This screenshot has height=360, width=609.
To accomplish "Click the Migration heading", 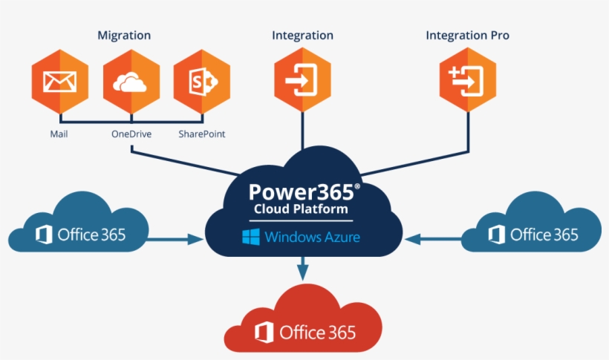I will (x=124, y=36).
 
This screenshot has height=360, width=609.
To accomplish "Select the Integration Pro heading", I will (x=467, y=36).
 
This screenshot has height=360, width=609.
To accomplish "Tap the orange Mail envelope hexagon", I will (x=59, y=82).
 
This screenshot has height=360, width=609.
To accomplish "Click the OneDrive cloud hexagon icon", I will (x=131, y=82).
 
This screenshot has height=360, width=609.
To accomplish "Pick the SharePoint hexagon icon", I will (x=201, y=82).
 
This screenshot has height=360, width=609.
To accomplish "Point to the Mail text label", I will (x=59, y=134).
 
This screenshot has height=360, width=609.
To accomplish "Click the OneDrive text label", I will (x=131, y=134).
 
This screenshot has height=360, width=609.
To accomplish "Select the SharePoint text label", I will (x=202, y=134).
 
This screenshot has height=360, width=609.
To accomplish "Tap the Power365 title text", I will (x=304, y=192).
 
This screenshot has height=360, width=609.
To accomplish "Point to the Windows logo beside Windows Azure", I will (x=250, y=238).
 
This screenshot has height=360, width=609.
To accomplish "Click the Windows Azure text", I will (x=313, y=238).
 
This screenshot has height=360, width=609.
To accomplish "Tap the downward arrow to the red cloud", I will (x=302, y=268).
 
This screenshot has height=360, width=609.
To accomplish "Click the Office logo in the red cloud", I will (x=262, y=332).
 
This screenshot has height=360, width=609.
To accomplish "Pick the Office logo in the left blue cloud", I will (x=44, y=235).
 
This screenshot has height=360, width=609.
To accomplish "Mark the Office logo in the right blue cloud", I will (x=497, y=235).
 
